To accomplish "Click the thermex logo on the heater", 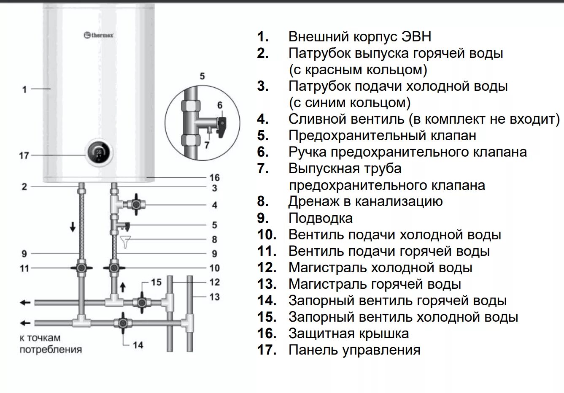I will point(99,35).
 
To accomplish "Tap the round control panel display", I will point(99,153).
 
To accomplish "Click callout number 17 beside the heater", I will point(24,156).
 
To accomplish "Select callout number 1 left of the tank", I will point(24,89).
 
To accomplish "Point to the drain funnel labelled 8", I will point(125,241).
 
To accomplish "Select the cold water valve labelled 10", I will point(113,268).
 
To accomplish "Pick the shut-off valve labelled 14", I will point(122,323).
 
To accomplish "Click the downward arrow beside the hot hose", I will point(73,227).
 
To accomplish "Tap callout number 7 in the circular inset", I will point(207,145).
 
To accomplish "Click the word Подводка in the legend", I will point(321,218).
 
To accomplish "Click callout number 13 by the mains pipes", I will point(215,297).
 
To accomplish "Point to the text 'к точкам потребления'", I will point(50,344).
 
